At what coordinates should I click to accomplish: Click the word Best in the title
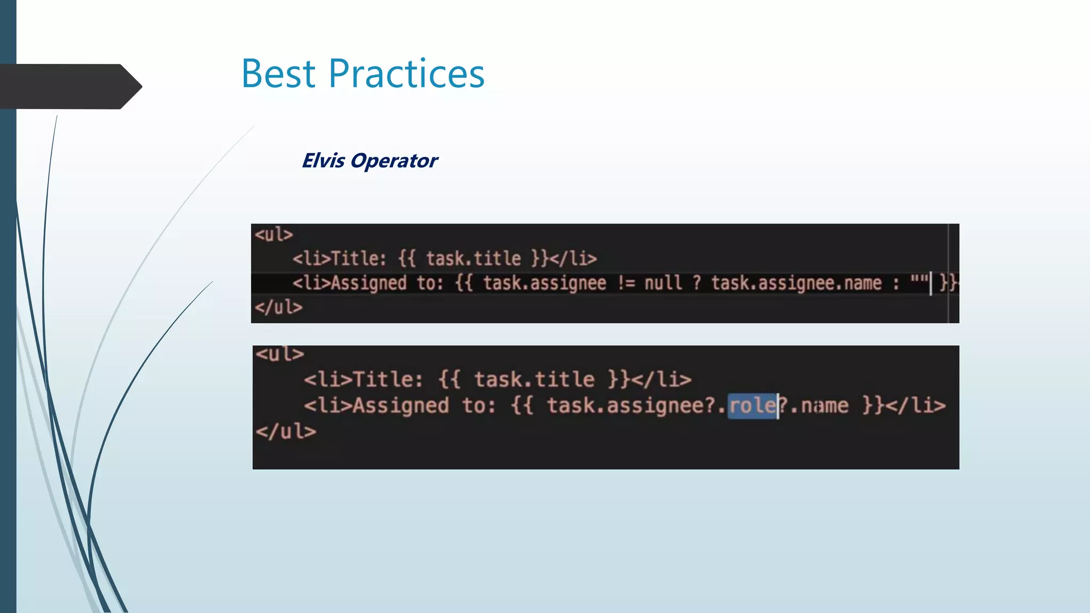(x=278, y=73)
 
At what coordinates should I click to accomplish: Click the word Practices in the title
(x=406, y=73)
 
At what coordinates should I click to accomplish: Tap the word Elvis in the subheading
(x=323, y=161)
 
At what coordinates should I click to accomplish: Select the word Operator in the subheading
(x=394, y=161)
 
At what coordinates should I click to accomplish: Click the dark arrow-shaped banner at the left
(x=69, y=86)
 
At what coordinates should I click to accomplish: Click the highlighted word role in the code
(x=752, y=406)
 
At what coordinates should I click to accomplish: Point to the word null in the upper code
(x=663, y=283)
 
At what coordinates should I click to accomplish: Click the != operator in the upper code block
(x=626, y=283)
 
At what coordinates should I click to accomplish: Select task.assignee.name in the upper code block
(x=796, y=283)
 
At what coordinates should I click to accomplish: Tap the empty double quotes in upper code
(x=919, y=280)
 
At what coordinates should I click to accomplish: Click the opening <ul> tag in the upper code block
(x=274, y=235)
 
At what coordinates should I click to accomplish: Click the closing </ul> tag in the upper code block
(x=278, y=307)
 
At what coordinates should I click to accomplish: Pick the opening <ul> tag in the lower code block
(x=279, y=354)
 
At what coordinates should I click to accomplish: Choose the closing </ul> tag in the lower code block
(x=286, y=432)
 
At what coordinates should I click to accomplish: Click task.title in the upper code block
(x=473, y=259)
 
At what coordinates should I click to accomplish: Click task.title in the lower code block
(x=534, y=380)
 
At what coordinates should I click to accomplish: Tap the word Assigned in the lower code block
(x=401, y=406)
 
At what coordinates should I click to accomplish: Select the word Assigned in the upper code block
(x=369, y=283)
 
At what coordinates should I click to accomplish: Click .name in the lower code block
(x=820, y=406)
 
